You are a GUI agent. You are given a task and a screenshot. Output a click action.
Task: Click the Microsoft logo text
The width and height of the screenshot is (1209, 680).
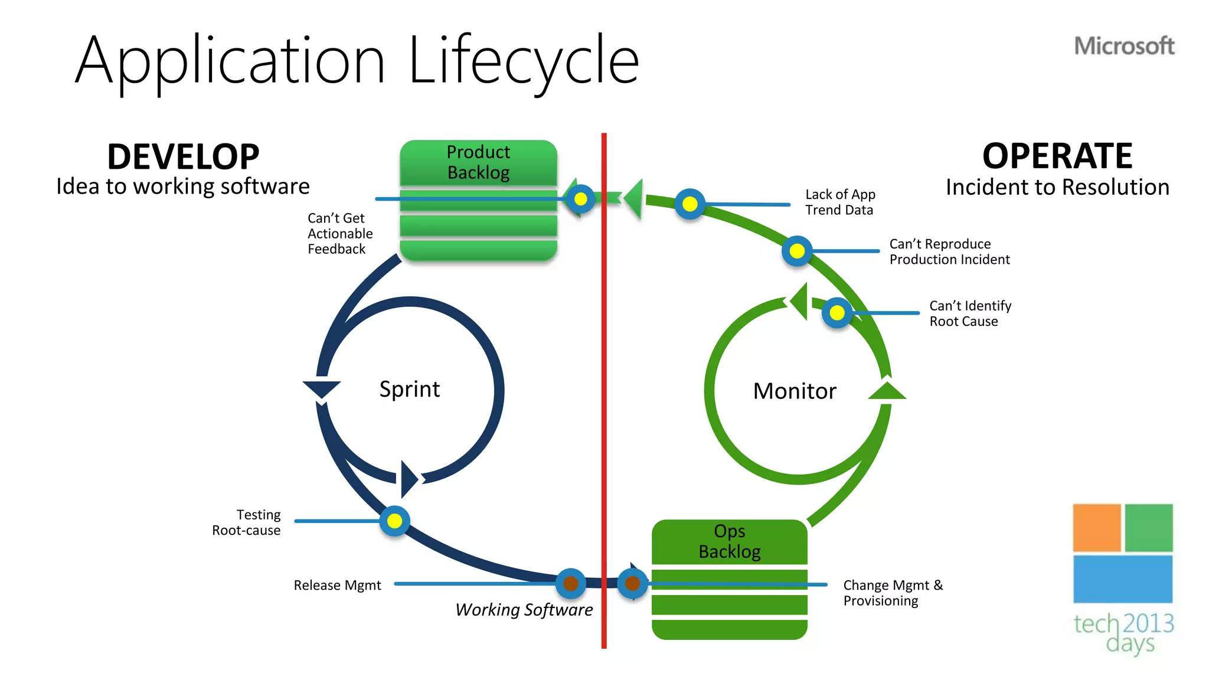click(x=1124, y=46)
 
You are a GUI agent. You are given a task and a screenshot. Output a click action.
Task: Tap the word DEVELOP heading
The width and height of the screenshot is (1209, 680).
click(x=183, y=157)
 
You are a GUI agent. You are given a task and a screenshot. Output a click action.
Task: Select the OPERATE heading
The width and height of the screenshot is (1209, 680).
click(x=1057, y=156)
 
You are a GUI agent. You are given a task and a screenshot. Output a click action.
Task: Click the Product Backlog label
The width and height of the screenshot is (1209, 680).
click(x=478, y=162)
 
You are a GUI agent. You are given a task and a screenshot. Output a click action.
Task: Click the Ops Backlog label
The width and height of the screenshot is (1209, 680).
click(x=729, y=541)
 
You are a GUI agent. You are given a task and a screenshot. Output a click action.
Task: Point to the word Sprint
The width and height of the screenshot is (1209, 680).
click(x=409, y=390)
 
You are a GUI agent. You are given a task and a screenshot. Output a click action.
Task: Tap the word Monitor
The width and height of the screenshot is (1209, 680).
click(x=795, y=391)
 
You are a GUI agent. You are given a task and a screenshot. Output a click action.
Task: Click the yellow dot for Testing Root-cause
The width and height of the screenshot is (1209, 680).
click(x=394, y=521)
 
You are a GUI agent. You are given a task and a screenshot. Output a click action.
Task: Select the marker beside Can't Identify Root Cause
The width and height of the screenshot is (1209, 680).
click(x=837, y=313)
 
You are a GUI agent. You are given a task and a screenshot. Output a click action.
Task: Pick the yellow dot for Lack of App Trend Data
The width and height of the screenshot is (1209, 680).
click(x=690, y=204)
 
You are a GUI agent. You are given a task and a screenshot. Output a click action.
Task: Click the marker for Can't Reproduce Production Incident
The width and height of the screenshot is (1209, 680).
click(x=797, y=251)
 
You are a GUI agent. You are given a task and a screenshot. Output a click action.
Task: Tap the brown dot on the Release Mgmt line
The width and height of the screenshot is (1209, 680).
click(x=570, y=583)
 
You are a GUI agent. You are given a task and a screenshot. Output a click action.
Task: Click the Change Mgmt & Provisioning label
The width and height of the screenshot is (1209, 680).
click(x=893, y=593)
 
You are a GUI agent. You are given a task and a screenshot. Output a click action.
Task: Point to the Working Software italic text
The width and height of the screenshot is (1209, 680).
click(x=524, y=610)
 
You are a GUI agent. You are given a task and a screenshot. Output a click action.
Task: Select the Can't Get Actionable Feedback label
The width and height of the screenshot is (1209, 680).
click(x=339, y=234)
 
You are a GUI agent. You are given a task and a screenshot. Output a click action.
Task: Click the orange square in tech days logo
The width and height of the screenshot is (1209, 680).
click(x=1096, y=528)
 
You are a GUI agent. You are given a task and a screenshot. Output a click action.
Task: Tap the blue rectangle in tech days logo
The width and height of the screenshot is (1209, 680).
click(x=1122, y=579)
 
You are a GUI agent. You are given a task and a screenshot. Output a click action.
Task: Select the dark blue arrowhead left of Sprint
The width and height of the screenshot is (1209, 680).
click(x=321, y=390)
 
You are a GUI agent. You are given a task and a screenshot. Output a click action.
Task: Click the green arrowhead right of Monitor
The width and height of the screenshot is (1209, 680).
click(x=887, y=391)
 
